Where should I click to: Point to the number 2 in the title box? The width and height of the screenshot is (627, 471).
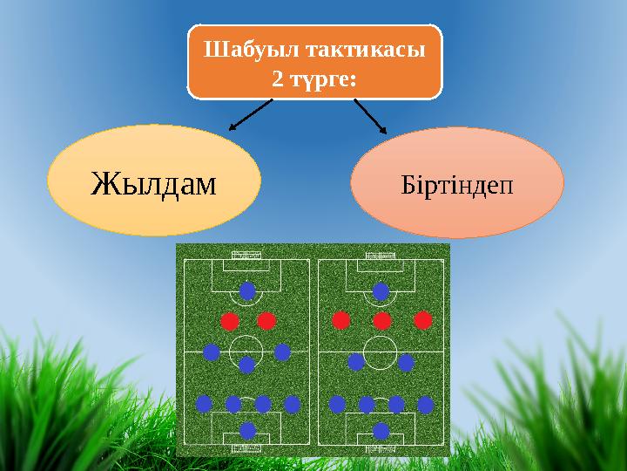coord(277,79)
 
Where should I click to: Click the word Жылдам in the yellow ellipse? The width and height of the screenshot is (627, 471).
coord(153,182)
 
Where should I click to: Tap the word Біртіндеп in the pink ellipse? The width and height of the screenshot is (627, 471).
coord(457,185)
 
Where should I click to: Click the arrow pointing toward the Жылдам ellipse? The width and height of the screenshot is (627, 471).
coord(250,114)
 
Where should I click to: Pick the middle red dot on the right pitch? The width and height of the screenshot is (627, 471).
coord(381,321)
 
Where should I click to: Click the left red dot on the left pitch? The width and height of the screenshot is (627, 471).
coord(229,321)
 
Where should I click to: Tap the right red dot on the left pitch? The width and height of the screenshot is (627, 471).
coord(266,321)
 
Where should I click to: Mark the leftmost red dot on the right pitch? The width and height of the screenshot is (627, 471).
coord(340,321)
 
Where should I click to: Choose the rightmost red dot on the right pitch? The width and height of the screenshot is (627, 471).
coord(422,321)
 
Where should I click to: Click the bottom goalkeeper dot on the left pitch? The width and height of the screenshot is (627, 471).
coord(247,430)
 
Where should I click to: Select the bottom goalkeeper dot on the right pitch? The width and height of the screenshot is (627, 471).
coord(381,430)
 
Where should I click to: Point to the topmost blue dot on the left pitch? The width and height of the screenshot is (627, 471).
coord(247,290)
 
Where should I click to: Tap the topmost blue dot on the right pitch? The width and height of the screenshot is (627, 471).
coord(381,290)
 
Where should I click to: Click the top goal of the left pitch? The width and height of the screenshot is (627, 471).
coord(247,256)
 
